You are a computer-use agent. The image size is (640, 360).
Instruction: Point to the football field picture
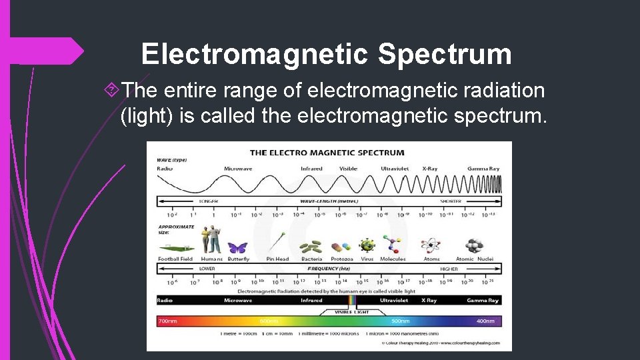coord(175,249)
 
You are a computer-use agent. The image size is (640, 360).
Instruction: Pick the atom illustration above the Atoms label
coord(431,245)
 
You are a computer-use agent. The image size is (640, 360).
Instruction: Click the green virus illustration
coord(367,246)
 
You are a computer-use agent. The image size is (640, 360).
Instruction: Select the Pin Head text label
coord(277,259)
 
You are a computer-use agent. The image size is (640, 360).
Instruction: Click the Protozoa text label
coord(341,259)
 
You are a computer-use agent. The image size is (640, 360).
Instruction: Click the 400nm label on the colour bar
coord(485,321)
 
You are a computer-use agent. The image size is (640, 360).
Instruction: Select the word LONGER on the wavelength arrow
coord(208,201)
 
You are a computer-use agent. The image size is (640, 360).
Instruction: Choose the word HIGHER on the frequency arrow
coord(449,269)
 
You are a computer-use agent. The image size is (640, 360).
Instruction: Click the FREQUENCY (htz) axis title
coord(329,269)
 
